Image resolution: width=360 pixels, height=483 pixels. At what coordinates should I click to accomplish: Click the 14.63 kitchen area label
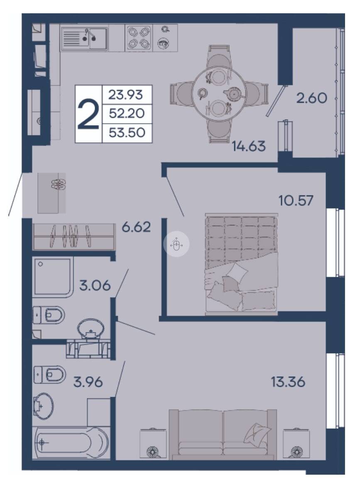pyautogui.click(x=249, y=146)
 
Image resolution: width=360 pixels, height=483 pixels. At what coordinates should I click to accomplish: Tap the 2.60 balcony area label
pyautogui.click(x=311, y=98)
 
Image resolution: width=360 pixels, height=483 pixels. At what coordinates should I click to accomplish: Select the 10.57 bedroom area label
pyautogui.click(x=296, y=200)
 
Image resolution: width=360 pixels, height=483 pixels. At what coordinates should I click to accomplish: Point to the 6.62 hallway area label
pyautogui.click(x=136, y=227)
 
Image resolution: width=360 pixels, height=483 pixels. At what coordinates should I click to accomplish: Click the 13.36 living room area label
pyautogui.click(x=288, y=382)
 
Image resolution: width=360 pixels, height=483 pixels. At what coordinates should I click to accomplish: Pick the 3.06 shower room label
pyautogui.click(x=95, y=285)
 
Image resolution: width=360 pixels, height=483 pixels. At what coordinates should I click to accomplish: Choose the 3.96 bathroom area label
pyautogui.click(x=88, y=382)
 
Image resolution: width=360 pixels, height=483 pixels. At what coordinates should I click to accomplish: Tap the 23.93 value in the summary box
pyautogui.click(x=126, y=95)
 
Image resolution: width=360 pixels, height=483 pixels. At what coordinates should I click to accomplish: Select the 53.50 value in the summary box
pyautogui.click(x=127, y=132)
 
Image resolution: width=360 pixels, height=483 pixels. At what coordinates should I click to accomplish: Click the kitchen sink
pyautogui.click(x=84, y=38)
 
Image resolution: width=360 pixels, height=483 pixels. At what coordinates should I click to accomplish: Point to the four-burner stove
pyautogui.click(x=138, y=38)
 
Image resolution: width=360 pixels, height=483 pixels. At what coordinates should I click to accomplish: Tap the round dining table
pyautogui.click(x=219, y=92)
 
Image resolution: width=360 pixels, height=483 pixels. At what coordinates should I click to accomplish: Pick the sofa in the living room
pyautogui.click(x=223, y=434)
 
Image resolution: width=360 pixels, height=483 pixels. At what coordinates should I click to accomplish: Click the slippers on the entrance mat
pyautogui.click(x=58, y=184)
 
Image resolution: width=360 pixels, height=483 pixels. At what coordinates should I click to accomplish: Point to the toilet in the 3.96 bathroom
pyautogui.click(x=49, y=375)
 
